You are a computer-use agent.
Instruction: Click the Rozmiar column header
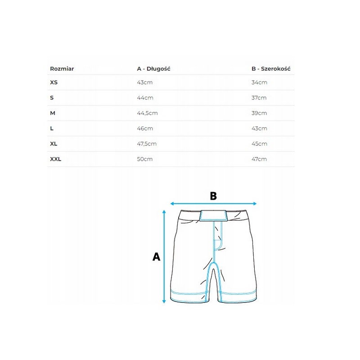tap(62, 69)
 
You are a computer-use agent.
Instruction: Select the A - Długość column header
tap(153, 69)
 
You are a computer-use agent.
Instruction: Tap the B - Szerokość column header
tap(271, 69)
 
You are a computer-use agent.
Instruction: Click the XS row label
tap(54, 82)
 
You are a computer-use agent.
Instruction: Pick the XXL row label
tap(55, 159)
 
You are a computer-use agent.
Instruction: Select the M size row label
tap(53, 113)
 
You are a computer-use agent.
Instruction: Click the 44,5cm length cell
tap(147, 113)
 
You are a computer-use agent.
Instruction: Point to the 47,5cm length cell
tap(147, 144)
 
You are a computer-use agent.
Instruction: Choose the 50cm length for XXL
tap(144, 159)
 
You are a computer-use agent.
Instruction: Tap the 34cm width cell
tap(259, 82)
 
